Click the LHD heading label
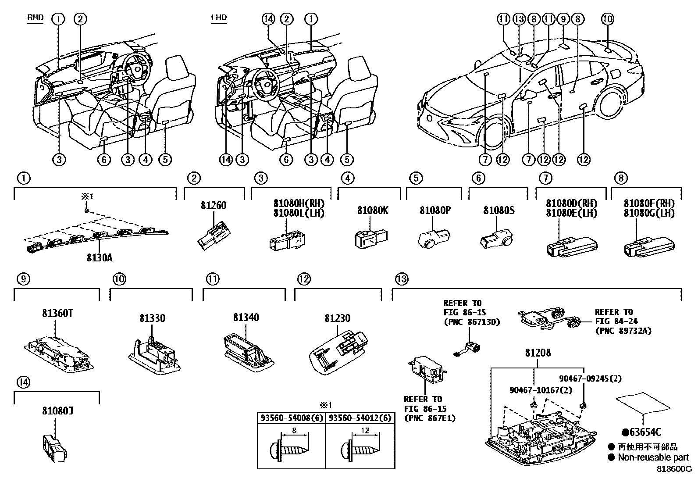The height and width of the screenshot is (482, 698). click(218, 18)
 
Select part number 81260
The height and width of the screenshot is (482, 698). click(214, 206)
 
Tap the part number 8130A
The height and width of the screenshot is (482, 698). click(99, 257)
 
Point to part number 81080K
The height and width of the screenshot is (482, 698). click(372, 211)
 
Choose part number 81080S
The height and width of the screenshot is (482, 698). click(499, 211)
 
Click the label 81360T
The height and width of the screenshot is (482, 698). click(58, 314)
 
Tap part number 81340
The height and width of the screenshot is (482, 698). click(246, 317)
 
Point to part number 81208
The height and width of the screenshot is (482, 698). click(538, 353)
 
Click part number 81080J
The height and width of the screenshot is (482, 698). click(58, 411)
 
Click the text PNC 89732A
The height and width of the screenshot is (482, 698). click(623, 331)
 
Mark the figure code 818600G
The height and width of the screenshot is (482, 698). click(673, 468)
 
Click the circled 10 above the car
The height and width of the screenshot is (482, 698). click(607, 19)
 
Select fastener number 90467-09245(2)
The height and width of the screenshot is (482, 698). click(590, 378)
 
